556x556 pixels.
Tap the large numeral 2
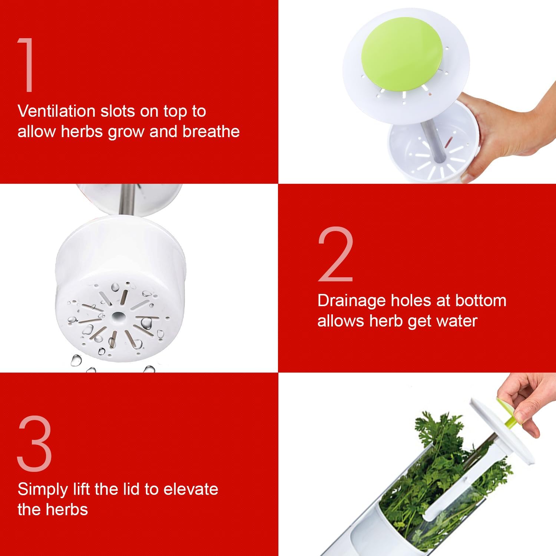pos(336,254)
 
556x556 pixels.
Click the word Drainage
pos(352,301)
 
